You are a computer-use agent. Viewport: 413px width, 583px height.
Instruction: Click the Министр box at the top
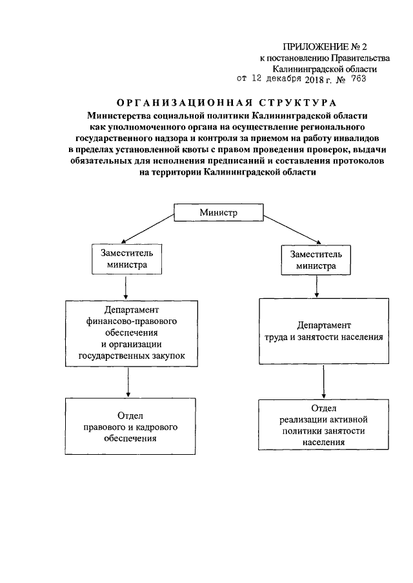pos(218,212)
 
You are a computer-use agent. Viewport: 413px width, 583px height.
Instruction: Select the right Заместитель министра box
pos(315,259)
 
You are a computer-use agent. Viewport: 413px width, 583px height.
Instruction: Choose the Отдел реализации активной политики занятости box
pos(323,425)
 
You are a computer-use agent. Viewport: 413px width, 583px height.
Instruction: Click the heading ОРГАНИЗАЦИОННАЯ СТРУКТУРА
pos(225,102)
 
